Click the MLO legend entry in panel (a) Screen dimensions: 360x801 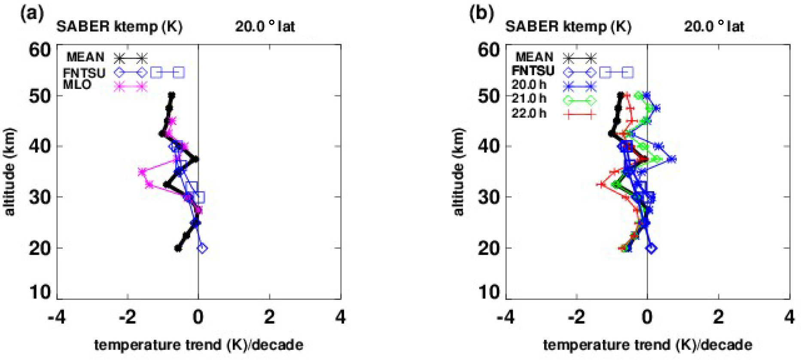click(77, 85)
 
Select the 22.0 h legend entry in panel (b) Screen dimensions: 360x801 click(529, 113)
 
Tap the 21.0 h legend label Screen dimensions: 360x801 click(529, 99)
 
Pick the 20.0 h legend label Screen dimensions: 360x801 click(529, 85)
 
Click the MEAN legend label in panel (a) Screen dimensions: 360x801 click(85, 57)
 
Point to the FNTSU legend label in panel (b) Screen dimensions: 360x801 click(533, 71)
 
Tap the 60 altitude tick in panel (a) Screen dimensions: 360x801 click(40, 50)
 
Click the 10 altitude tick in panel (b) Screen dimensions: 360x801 click(489, 293)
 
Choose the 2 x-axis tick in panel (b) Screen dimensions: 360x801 click(718, 317)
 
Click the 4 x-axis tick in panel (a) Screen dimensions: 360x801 click(341, 317)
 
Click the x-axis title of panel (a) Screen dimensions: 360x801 click(198, 345)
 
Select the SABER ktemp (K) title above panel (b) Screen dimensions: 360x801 click(568, 27)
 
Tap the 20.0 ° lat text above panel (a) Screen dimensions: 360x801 click(265, 27)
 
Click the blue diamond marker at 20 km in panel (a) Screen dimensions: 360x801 click(202, 248)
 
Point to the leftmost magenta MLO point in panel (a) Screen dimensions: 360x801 click(142, 172)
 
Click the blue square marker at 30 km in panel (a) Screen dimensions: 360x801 click(199, 197)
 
